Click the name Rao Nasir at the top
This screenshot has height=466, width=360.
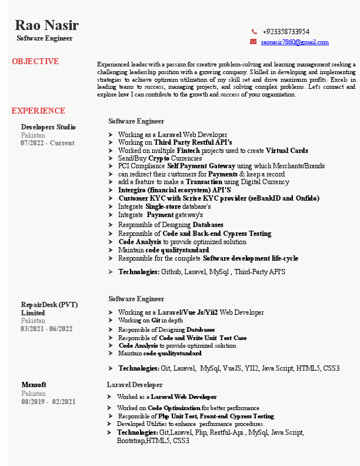click(46, 25)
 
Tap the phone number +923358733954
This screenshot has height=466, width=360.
click(286, 32)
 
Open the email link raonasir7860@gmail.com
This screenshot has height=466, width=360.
click(295, 42)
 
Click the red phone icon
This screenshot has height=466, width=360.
click(254, 32)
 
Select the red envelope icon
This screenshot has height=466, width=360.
click(254, 42)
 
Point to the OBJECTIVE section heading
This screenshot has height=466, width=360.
click(35, 61)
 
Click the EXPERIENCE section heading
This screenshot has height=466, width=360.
click(38, 111)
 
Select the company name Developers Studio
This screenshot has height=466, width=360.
click(48, 127)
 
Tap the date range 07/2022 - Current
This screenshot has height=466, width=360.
click(47, 142)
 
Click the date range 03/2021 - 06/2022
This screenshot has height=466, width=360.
click(46, 328)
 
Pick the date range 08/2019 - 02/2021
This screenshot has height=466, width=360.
click(48, 401)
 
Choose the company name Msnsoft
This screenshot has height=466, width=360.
click(34, 385)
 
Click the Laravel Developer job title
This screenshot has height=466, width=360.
click(135, 385)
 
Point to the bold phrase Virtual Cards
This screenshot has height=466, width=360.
click(287, 151)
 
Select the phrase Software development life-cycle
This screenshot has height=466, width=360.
click(251, 258)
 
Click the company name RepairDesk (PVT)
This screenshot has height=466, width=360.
click(49, 305)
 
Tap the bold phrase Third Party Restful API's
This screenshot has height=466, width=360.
click(193, 142)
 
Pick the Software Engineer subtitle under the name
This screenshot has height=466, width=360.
click(45, 38)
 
